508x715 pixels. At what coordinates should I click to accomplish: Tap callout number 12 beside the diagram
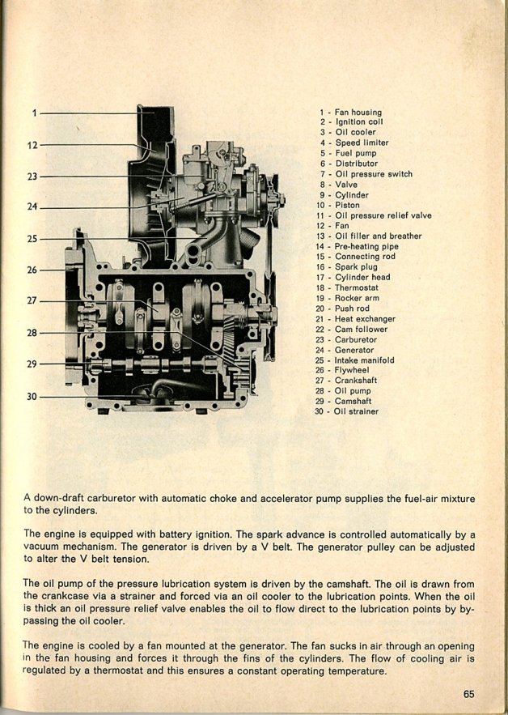[32, 146]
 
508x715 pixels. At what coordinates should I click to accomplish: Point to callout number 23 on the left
[32, 176]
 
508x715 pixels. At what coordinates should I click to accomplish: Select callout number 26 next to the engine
[32, 270]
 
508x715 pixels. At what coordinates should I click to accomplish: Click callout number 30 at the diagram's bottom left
[32, 397]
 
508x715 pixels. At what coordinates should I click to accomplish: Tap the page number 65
[470, 693]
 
